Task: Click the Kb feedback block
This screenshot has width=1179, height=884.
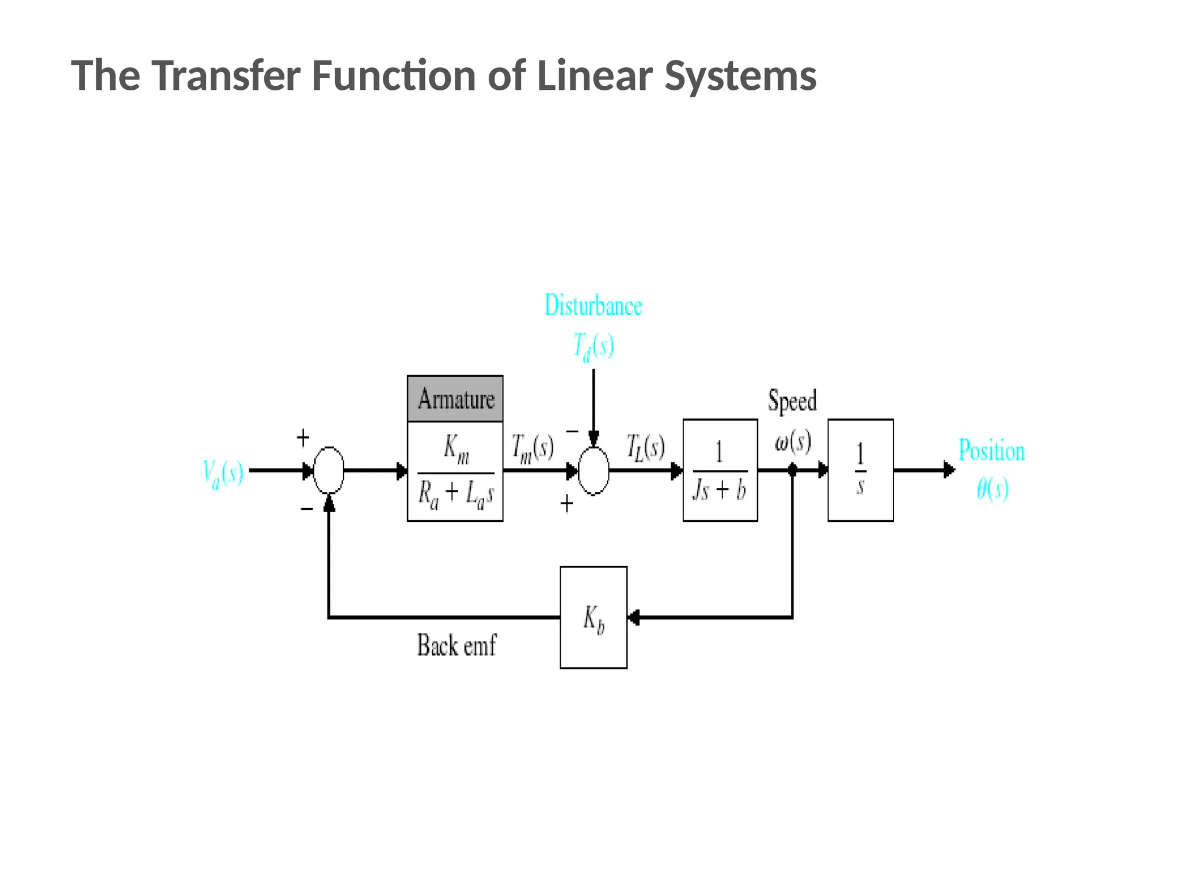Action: [x=593, y=617]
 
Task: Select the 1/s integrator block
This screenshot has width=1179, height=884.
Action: [x=860, y=470]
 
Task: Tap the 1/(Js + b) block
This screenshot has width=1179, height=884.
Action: [x=720, y=470]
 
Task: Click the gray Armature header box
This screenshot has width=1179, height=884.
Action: [x=455, y=398]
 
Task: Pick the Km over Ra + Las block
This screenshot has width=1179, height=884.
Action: [x=455, y=471]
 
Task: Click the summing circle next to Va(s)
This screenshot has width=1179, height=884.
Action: [x=329, y=470]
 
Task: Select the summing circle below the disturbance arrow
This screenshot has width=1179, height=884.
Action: [x=593, y=470]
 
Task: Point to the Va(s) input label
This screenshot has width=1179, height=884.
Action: [x=223, y=473]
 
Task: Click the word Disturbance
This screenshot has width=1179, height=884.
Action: [x=593, y=306]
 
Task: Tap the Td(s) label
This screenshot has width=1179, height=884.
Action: [x=593, y=346]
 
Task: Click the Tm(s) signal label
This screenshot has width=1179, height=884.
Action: [x=533, y=447]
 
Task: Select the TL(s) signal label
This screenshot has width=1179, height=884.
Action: [x=645, y=447]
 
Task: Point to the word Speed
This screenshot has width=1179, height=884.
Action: [x=792, y=401]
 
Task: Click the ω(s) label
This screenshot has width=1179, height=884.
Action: [x=793, y=441]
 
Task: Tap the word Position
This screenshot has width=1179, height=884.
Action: [x=991, y=451]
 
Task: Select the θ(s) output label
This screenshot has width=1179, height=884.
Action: [x=992, y=489]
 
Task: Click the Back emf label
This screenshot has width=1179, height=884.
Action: [x=457, y=645]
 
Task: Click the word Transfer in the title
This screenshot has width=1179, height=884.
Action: [x=226, y=75]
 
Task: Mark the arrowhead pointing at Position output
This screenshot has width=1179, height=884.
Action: [x=949, y=470]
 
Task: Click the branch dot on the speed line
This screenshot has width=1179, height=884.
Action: [x=792, y=470]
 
